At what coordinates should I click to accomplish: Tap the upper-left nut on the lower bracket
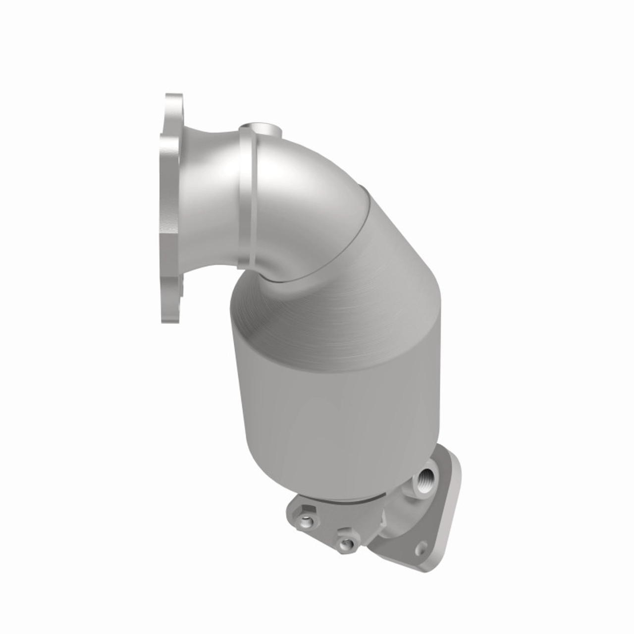click(308, 521)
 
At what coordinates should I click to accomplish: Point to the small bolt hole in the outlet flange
click(422, 544)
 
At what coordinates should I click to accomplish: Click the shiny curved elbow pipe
click(307, 188)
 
